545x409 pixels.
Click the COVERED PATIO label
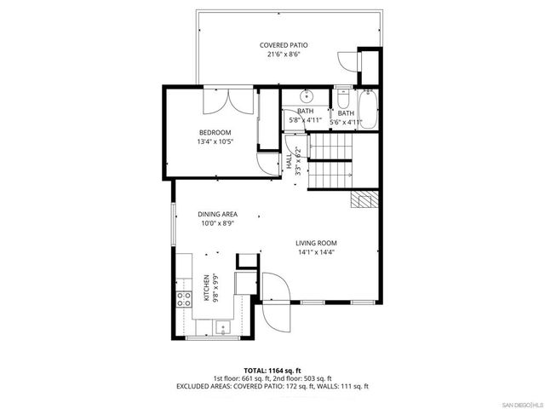tap(284, 44)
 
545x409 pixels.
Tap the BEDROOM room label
tap(215, 132)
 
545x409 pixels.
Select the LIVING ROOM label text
tap(316, 243)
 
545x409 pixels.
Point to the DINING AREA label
tap(217, 214)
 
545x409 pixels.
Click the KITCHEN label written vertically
tap(206, 287)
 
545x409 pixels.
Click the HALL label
tap(289, 158)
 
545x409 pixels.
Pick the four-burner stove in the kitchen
tap(183, 299)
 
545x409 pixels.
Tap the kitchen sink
tap(222, 326)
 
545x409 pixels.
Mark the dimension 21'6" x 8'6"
tap(284, 55)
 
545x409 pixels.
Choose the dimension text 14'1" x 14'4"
tap(316, 252)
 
